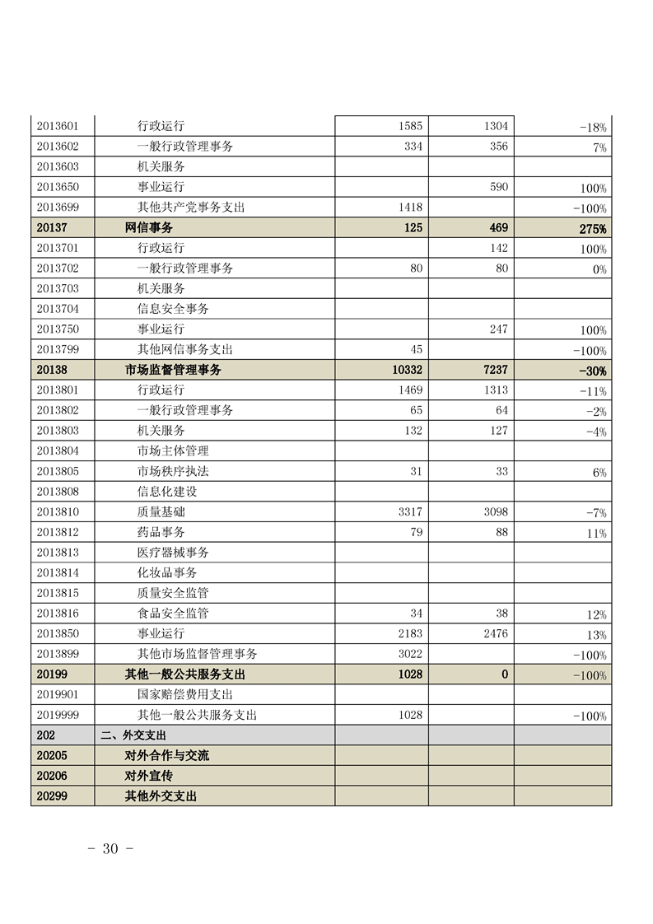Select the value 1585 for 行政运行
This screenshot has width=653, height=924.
[409, 126]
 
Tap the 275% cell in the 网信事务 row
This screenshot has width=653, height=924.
[592, 229]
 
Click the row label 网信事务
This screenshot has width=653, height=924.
[148, 228]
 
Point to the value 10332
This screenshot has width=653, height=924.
[407, 371]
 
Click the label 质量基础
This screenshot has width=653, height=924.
[161, 512]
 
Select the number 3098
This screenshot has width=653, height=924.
[494, 512]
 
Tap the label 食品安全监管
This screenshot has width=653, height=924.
[173, 614]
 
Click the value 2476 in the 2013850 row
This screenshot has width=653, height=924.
[494, 634]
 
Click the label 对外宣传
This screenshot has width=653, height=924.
[148, 776]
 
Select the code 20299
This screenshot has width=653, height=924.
[52, 796]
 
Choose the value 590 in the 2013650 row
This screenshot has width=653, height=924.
[499, 187]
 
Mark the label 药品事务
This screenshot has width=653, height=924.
[161, 532]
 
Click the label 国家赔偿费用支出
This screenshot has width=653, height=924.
[185, 694]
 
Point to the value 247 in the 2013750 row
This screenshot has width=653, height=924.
[499, 329]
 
